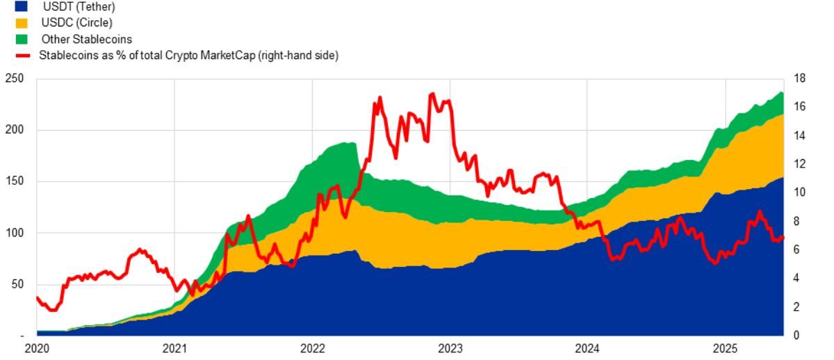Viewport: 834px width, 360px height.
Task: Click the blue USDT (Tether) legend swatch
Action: point(21,7)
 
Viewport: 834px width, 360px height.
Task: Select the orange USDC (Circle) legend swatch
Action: point(21,23)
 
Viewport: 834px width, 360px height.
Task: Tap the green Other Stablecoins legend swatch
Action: point(21,39)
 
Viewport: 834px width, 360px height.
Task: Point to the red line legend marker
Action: point(21,55)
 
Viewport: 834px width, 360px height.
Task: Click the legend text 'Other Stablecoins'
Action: point(86,39)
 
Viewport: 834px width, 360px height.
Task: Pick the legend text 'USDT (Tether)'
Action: point(79,7)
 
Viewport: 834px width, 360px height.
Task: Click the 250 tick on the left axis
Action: point(15,79)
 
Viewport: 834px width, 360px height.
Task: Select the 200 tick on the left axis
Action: point(15,131)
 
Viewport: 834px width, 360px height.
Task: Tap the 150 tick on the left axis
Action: point(15,182)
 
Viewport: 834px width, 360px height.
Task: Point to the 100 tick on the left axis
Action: point(15,234)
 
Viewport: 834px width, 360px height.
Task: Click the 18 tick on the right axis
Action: point(799,79)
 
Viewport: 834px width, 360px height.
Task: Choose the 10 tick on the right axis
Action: point(799,193)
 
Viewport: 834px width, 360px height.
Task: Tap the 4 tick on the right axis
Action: point(796,279)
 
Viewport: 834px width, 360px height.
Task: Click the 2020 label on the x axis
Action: point(37,348)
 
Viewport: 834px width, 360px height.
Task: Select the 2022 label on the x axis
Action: point(312,348)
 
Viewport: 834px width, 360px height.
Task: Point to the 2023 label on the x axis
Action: point(450,348)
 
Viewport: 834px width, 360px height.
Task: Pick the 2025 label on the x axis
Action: point(725,348)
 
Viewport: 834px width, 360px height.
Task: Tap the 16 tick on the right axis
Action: point(799,108)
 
